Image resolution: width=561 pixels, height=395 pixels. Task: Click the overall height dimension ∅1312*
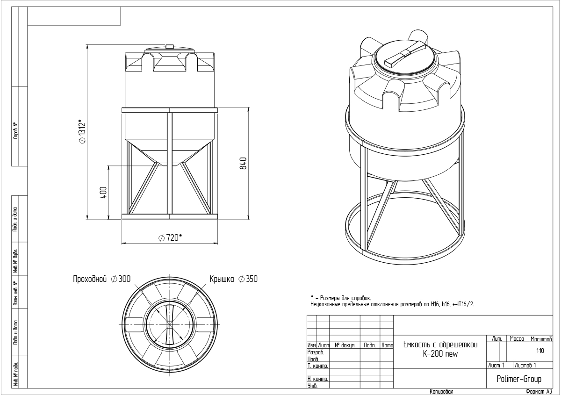[82, 132]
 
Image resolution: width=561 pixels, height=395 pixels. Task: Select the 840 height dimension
[243, 164]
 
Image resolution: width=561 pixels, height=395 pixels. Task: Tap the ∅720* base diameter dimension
[170, 238]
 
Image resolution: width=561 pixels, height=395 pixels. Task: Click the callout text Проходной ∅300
[101, 279]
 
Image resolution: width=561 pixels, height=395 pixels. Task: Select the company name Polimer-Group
[518, 379]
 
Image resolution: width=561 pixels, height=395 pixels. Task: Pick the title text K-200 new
[439, 354]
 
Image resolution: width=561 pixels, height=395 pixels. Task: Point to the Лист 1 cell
[496, 365]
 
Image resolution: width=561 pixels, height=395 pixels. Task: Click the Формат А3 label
[539, 391]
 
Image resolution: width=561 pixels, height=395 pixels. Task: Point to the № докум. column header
[345, 346]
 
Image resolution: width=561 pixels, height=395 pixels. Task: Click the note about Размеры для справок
[341, 298]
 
